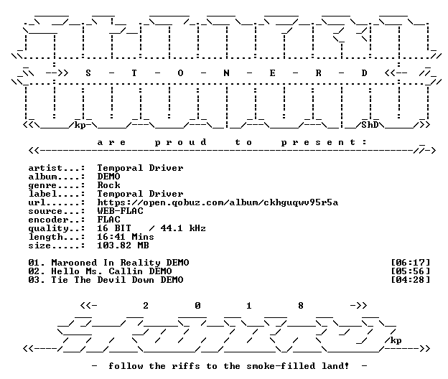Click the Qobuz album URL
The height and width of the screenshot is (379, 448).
[x=218, y=202]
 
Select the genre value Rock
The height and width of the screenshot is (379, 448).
[x=108, y=185]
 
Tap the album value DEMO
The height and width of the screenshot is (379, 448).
[x=108, y=177]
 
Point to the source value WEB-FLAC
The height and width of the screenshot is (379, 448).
[x=120, y=211]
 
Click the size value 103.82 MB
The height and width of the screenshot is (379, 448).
[x=123, y=245]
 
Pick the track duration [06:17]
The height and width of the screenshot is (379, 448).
[x=410, y=263]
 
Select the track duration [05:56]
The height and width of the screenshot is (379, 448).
[x=410, y=271]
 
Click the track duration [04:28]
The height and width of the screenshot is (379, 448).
[x=410, y=280]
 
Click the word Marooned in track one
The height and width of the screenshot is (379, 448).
[x=74, y=263]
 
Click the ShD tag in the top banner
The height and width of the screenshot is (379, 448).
[x=370, y=125]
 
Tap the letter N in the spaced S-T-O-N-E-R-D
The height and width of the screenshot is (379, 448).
[x=226, y=73]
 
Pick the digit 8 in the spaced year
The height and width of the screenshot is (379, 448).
[x=301, y=306]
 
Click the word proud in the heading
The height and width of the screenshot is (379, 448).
[x=180, y=142]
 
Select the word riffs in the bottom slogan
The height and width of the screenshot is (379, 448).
[x=186, y=366]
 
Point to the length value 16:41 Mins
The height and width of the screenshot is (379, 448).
[x=126, y=237]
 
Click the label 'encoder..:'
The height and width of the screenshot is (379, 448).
[x=57, y=220]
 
